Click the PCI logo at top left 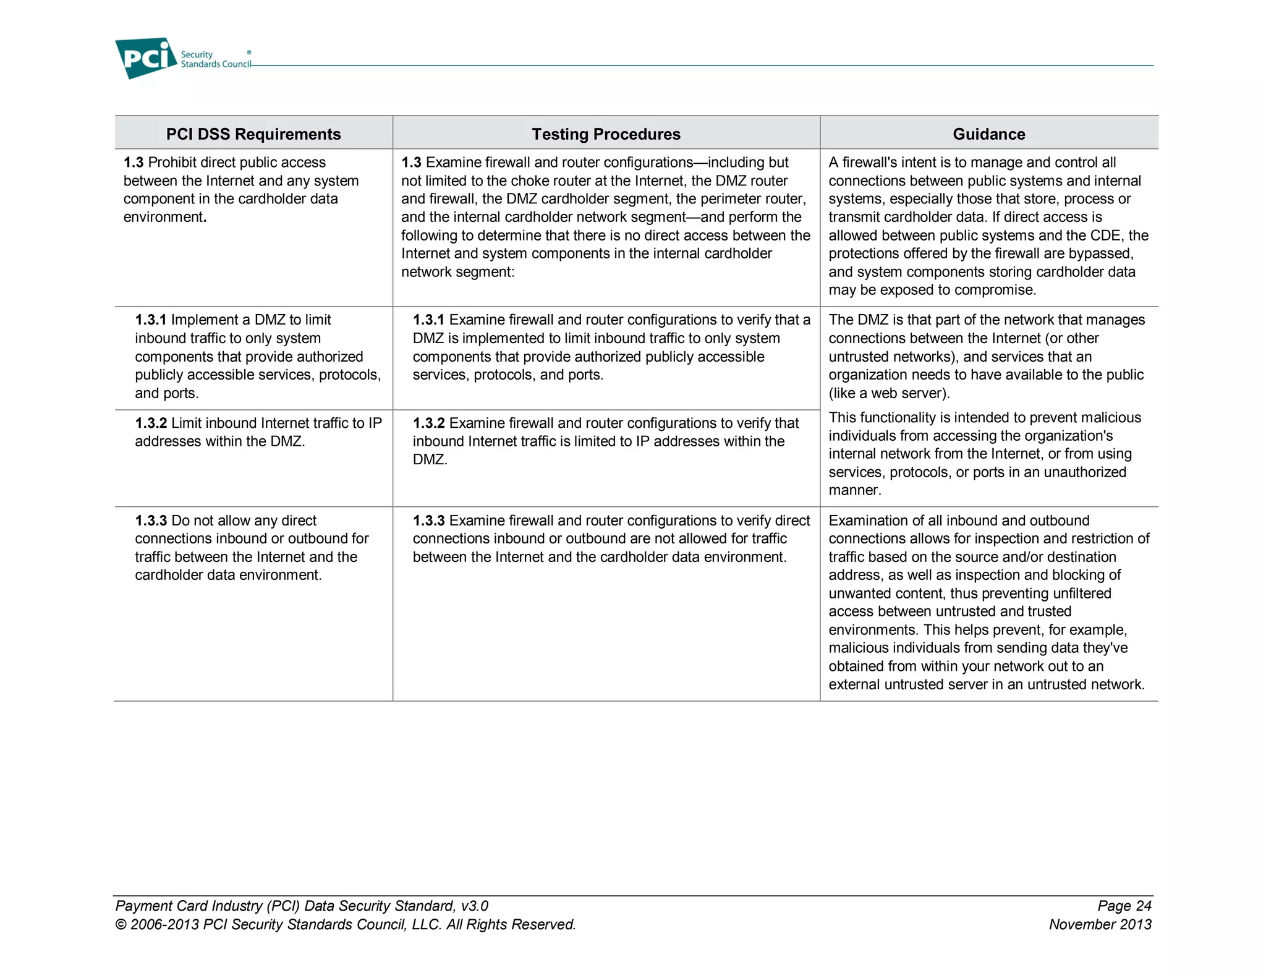point(145,57)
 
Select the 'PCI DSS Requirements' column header point(253,134)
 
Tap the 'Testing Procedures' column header point(606,134)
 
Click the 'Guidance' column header point(988,134)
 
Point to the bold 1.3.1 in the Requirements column point(151,320)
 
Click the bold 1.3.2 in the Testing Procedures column point(428,423)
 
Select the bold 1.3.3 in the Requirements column point(151,521)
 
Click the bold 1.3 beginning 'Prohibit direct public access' point(134,163)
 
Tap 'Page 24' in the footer point(1124,906)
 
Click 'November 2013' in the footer point(1100,925)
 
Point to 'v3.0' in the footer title point(474,906)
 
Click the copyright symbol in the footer point(121,925)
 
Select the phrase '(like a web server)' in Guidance point(888,393)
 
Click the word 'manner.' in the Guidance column point(855,490)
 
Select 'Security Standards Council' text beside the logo point(215,59)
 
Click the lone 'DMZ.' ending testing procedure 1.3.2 point(430,459)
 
